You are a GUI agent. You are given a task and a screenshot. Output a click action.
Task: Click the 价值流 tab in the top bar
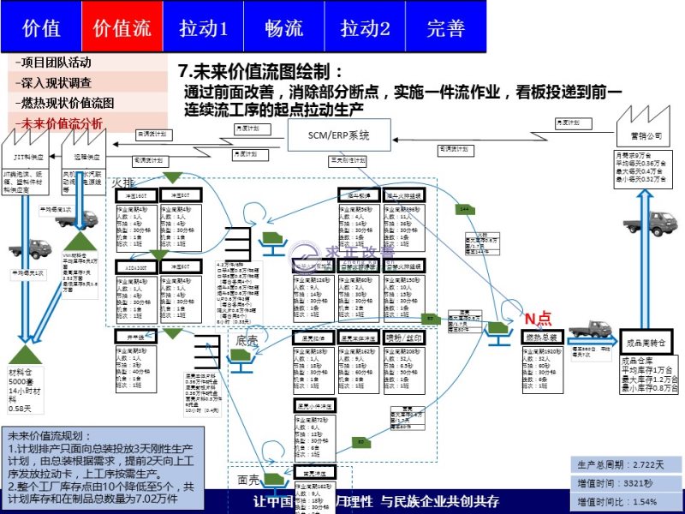pos(121,27)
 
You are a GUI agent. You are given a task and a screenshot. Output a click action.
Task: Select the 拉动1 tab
pos(203,27)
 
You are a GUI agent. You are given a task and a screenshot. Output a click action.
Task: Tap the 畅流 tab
pos(283,27)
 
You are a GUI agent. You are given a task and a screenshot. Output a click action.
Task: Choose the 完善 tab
pos(445,27)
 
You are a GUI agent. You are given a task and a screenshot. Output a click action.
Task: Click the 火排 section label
pos(123,182)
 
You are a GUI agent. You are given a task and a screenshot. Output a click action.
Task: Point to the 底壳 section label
pos(247,341)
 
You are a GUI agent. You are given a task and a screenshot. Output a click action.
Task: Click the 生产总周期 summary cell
pos(622,465)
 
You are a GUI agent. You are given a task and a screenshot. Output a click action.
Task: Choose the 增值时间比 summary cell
pos(622,501)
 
